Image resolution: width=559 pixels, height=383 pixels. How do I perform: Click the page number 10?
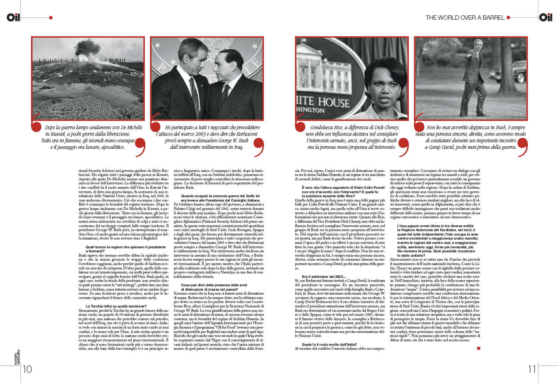pyautogui.click(x=27, y=369)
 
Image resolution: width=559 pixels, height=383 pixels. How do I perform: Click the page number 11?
pyautogui.click(x=532, y=369)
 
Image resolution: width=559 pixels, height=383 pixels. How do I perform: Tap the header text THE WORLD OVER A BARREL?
pyautogui.click(x=465, y=18)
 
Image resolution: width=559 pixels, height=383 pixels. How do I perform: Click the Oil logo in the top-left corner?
pyautogui.click(x=13, y=17)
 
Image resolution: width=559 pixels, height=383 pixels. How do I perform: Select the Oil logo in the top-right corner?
pyautogui.click(x=546, y=17)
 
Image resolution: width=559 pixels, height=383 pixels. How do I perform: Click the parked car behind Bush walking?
pyautogui.click(x=519, y=72)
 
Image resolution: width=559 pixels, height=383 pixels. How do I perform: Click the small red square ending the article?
pyautogui.click(x=479, y=348)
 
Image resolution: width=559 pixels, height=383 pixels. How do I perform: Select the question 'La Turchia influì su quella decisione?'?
pyautogui.click(x=116, y=306)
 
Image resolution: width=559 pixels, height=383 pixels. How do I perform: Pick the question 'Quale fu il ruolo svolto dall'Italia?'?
pyautogui.click(x=329, y=344)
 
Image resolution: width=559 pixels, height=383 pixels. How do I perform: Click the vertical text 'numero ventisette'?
pyautogui.click(x=18, y=357)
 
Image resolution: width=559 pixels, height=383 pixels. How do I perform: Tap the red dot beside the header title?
pyautogui.click(x=508, y=18)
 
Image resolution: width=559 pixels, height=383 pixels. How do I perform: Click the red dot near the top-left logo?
pyautogui.click(x=51, y=18)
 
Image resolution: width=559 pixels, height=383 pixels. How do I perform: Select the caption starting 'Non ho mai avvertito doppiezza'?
pyautogui.click(x=471, y=137)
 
